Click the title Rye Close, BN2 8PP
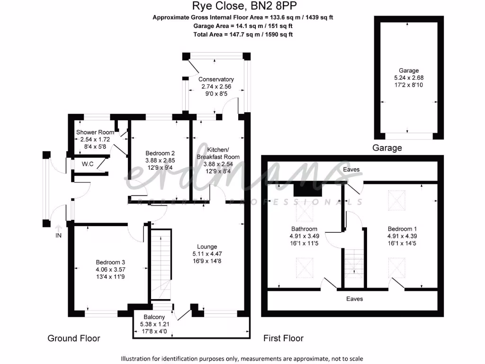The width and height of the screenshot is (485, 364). tap(242, 6)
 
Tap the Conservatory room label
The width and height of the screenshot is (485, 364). tap(216, 79)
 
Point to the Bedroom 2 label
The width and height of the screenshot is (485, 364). tap(160, 153)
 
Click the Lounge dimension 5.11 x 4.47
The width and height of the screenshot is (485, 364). tap(207, 254)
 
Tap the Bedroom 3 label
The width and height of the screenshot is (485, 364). tap(110, 262)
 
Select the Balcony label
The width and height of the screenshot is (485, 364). tap(153, 317)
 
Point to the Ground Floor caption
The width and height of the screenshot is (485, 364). tap(74, 338)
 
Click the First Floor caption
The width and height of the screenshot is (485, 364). tap(283, 338)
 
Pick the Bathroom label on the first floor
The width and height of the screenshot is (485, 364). tap(304, 229)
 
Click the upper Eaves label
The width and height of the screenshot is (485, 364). tap(351, 169)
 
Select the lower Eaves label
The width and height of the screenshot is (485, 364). tap(354, 299)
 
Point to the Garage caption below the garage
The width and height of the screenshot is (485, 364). tap(387, 148)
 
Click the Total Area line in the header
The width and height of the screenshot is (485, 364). tap(242, 35)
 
